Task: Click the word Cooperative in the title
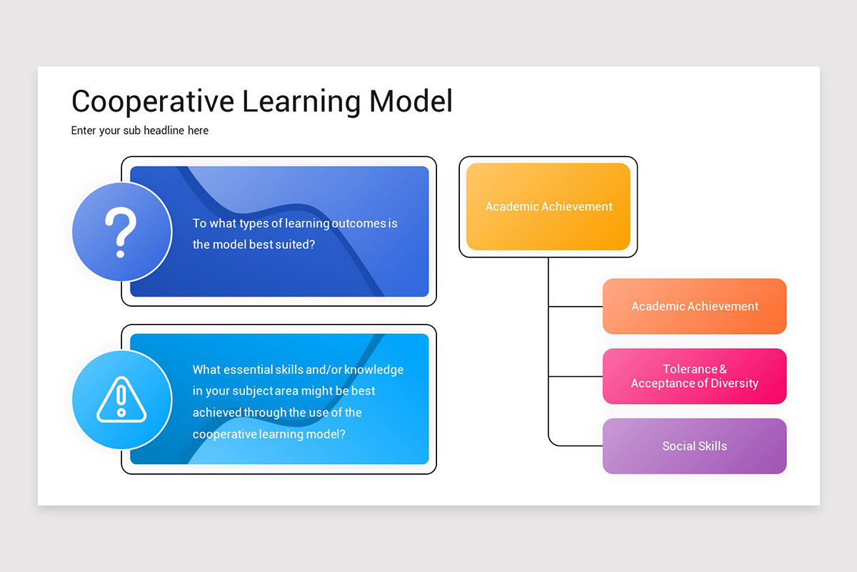coord(153,102)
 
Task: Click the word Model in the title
coord(411,102)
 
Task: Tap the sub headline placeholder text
coord(140,131)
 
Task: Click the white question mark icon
coord(121,232)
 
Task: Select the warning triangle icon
coord(121,399)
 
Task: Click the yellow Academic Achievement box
coord(548,207)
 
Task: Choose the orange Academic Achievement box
coord(694,306)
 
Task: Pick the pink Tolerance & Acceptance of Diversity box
coord(694,376)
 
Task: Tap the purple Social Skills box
coord(694,446)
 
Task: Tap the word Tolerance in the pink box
coord(689,369)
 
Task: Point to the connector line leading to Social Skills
coord(575,445)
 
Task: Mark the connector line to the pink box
coord(575,376)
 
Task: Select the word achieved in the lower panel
coord(217,413)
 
